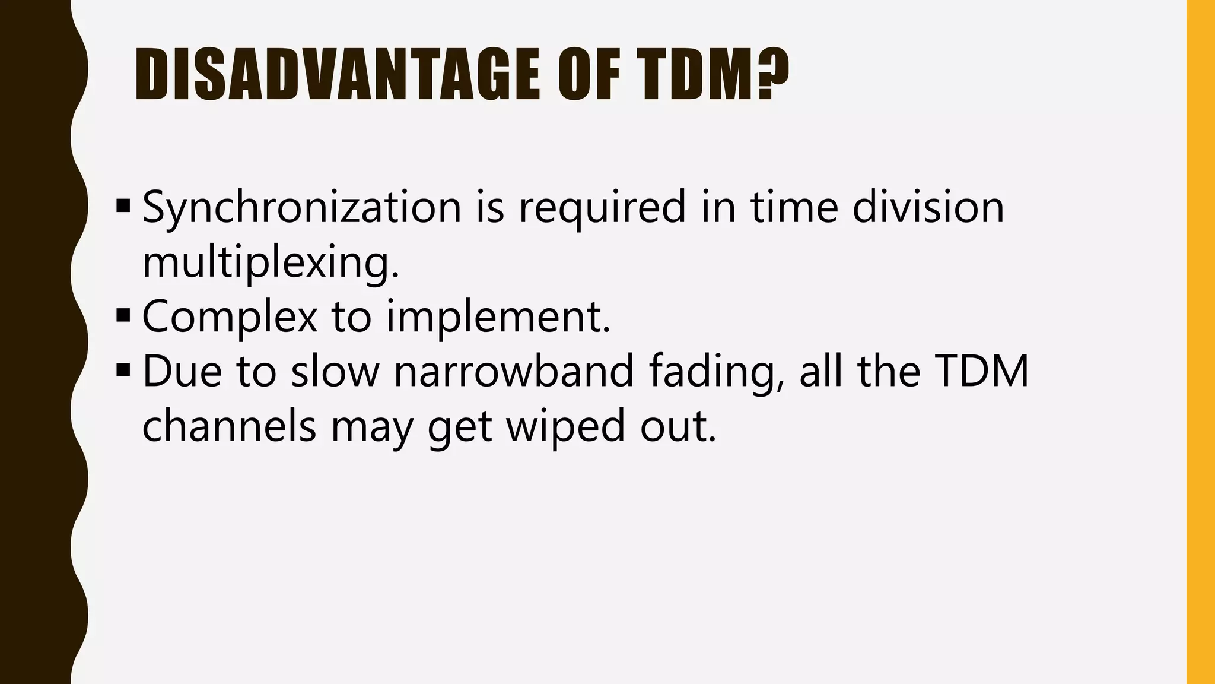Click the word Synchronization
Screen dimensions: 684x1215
(x=301, y=208)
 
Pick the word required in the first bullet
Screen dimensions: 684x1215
(x=602, y=208)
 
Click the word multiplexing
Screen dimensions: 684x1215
(x=271, y=262)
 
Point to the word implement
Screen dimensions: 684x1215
(x=498, y=317)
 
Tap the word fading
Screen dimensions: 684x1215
(x=715, y=373)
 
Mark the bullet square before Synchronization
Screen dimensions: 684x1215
(x=123, y=207)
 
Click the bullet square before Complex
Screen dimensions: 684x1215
(x=123, y=316)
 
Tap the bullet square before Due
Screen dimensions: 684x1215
(x=123, y=370)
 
